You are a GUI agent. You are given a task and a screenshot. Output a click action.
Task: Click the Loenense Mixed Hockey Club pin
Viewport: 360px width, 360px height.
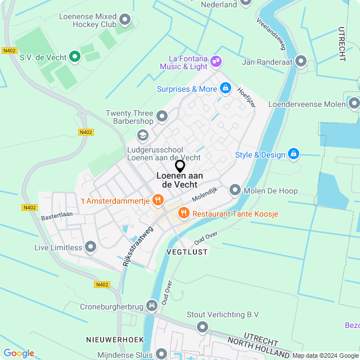coord(125,21)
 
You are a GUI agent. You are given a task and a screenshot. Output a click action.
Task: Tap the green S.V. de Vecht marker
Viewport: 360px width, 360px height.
coord(74,56)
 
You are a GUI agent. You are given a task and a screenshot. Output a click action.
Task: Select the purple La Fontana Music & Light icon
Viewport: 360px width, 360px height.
coord(216,61)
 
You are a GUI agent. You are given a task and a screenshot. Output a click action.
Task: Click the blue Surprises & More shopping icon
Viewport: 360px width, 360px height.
coord(225,88)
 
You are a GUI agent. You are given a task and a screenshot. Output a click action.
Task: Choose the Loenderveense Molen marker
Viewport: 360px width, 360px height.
coord(354,103)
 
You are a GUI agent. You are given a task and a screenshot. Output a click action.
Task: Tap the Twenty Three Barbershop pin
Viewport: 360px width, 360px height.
coord(162,116)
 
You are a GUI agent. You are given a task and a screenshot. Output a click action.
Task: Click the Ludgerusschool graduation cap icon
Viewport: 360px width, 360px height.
coord(143,136)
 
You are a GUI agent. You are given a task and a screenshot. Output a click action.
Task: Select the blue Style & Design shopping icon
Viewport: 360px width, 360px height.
coord(292,154)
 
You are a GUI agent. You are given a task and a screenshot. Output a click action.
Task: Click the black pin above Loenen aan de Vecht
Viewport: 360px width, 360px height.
coord(180,166)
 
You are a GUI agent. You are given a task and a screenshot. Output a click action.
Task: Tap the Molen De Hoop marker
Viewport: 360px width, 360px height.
coord(235,190)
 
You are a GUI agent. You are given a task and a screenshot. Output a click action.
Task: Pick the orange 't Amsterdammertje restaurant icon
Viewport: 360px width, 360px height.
coord(157,200)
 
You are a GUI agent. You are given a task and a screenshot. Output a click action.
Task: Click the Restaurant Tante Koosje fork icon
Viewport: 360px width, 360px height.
coord(183,213)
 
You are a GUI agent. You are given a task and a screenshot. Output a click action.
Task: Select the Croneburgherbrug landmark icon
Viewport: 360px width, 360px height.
coord(151,305)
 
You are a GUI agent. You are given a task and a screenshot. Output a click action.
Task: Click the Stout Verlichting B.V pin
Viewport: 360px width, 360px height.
coord(202,326)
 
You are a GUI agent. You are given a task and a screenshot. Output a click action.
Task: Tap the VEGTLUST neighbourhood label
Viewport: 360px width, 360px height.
coord(187,253)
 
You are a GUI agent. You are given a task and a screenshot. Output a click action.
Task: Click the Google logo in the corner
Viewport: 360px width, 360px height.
coord(19,353)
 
